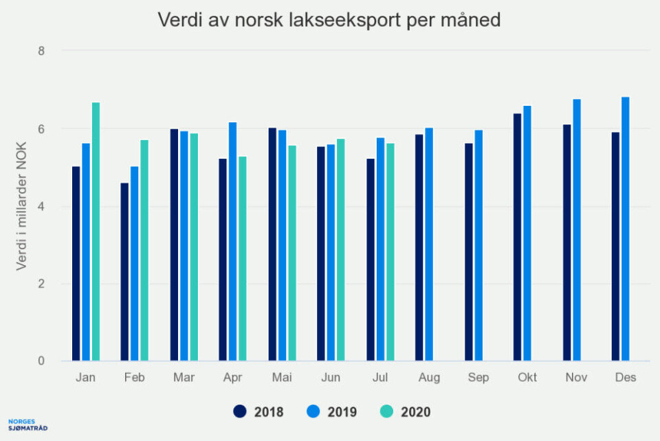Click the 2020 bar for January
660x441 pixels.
(x=96, y=232)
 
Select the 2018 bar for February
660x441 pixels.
(x=124, y=272)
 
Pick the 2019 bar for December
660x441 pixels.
(x=625, y=229)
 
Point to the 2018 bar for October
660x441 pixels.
(x=517, y=238)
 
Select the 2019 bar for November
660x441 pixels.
(x=576, y=230)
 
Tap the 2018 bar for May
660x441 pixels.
(x=272, y=245)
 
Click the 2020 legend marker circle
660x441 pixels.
(x=387, y=411)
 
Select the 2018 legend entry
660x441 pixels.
(x=258, y=411)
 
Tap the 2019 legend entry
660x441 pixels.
(x=332, y=411)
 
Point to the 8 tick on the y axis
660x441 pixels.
(x=41, y=51)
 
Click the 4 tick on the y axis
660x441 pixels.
(x=41, y=207)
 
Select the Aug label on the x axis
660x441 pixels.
(x=429, y=377)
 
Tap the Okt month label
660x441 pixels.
(x=527, y=377)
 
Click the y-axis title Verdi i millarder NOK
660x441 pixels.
(x=21, y=206)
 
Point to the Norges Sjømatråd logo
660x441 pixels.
(x=27, y=424)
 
